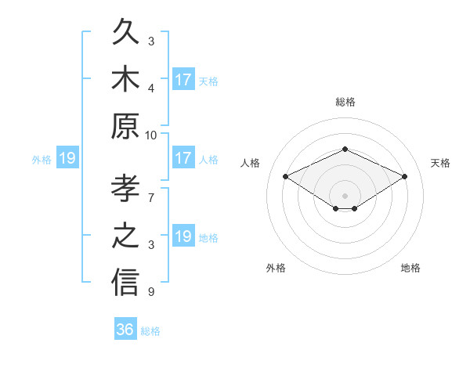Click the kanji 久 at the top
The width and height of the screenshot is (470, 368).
(125, 31)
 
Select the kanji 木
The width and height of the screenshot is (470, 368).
(125, 78)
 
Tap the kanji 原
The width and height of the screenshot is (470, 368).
(125, 126)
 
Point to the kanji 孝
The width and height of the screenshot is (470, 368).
(125, 188)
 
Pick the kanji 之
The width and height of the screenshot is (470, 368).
(125, 235)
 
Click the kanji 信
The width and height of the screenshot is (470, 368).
(125, 282)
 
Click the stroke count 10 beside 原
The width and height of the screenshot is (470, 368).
(150, 135)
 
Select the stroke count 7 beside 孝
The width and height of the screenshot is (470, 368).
(151, 198)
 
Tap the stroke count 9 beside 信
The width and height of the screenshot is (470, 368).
(151, 291)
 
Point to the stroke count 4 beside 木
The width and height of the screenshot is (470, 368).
(151, 88)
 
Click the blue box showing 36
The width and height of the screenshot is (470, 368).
(125, 328)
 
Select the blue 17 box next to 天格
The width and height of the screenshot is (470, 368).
(184, 79)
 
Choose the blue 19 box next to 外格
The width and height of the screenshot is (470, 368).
(67, 157)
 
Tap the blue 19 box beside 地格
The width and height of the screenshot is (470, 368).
(184, 235)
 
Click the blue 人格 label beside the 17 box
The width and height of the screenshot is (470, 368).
(208, 160)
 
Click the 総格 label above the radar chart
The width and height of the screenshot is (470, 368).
(345, 102)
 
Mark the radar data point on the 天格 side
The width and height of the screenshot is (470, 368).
(405, 176)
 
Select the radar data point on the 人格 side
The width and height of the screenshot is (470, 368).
(286, 176)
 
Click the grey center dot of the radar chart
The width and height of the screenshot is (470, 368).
(345, 196)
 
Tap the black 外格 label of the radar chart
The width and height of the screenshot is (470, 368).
(276, 268)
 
